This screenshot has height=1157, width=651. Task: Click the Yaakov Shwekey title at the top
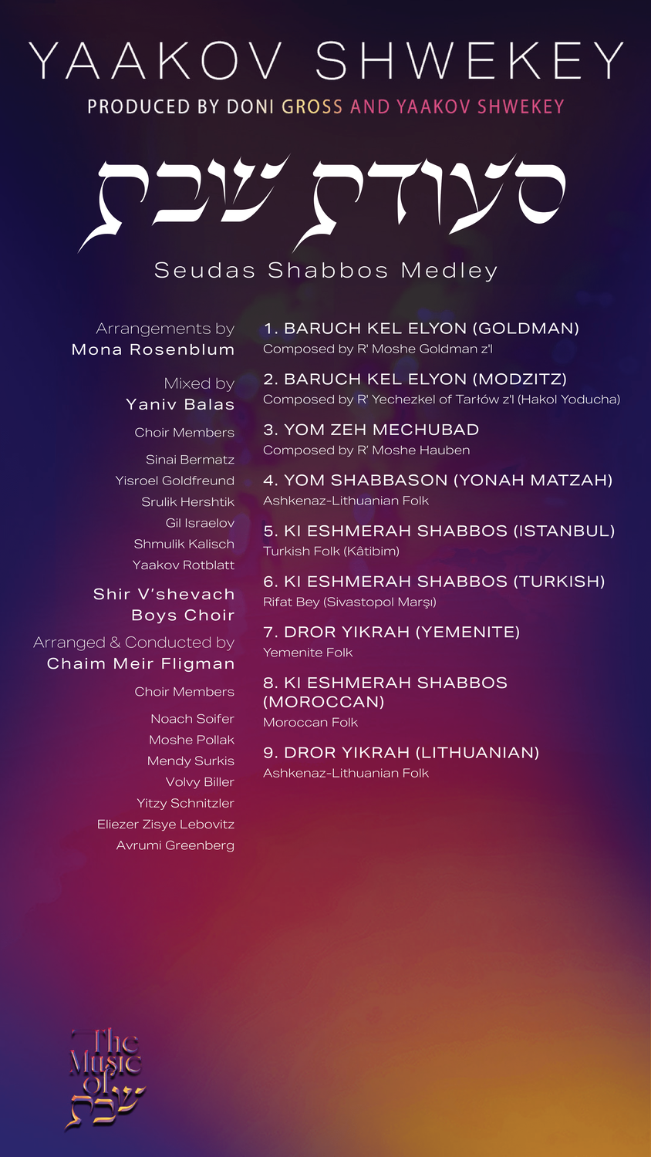point(325,61)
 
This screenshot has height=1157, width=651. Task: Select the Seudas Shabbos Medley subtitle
point(325,270)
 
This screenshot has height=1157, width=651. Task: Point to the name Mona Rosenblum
point(153,349)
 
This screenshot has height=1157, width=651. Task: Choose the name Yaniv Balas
point(180,404)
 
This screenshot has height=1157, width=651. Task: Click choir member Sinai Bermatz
point(190,460)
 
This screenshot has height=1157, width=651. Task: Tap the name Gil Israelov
point(200,523)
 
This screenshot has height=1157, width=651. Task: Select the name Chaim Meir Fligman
point(140,663)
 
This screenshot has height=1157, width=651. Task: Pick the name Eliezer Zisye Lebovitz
point(166,825)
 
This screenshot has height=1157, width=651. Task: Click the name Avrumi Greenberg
point(175,845)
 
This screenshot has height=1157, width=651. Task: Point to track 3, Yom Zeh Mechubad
point(371,430)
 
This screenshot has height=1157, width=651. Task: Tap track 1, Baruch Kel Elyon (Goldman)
point(421,329)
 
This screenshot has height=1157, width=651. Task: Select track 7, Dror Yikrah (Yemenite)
point(391,632)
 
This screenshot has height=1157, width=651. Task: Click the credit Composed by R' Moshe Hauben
point(366,450)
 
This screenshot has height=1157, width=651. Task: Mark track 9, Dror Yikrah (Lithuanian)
point(401,753)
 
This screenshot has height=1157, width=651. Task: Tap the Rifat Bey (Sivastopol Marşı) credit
point(349,602)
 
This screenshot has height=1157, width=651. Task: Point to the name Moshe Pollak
point(191,740)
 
